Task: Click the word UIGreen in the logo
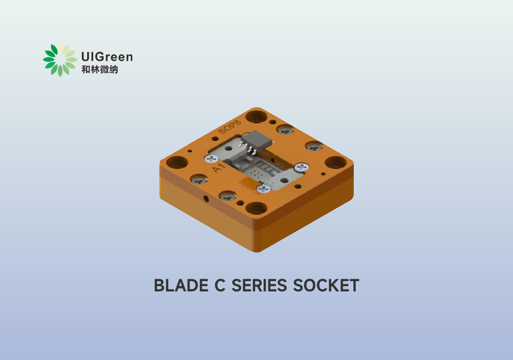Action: click(x=106, y=57)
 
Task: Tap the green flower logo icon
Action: click(x=60, y=60)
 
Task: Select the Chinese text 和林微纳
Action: click(x=99, y=70)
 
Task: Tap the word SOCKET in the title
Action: click(x=326, y=286)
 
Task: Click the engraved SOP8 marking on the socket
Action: click(x=230, y=128)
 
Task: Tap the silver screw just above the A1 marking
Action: click(x=212, y=158)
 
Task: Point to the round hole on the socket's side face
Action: click(x=206, y=198)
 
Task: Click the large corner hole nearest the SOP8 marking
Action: click(x=255, y=117)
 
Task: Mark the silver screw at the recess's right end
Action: click(x=300, y=168)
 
